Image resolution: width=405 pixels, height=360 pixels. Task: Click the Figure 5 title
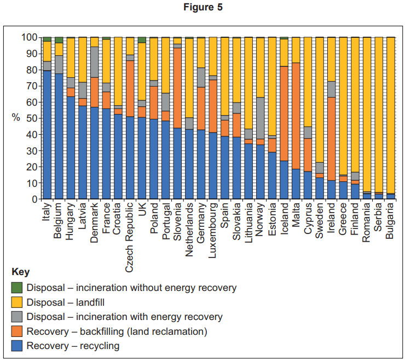point(202,7)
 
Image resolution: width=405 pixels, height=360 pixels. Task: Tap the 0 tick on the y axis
point(34,199)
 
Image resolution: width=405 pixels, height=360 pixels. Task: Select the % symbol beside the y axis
point(15,118)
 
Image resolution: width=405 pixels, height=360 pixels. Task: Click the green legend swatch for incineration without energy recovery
point(16,287)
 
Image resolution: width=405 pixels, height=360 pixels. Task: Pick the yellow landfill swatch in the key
point(16,302)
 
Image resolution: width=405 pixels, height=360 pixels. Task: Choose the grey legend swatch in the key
point(16,317)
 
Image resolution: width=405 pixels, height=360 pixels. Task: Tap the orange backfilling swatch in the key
point(16,331)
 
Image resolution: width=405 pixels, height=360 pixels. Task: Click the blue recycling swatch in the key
point(16,346)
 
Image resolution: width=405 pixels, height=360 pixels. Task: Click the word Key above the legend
point(20,272)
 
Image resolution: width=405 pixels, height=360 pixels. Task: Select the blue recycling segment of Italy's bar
point(47,134)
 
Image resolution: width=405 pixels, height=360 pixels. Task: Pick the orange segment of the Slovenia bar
point(177,88)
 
